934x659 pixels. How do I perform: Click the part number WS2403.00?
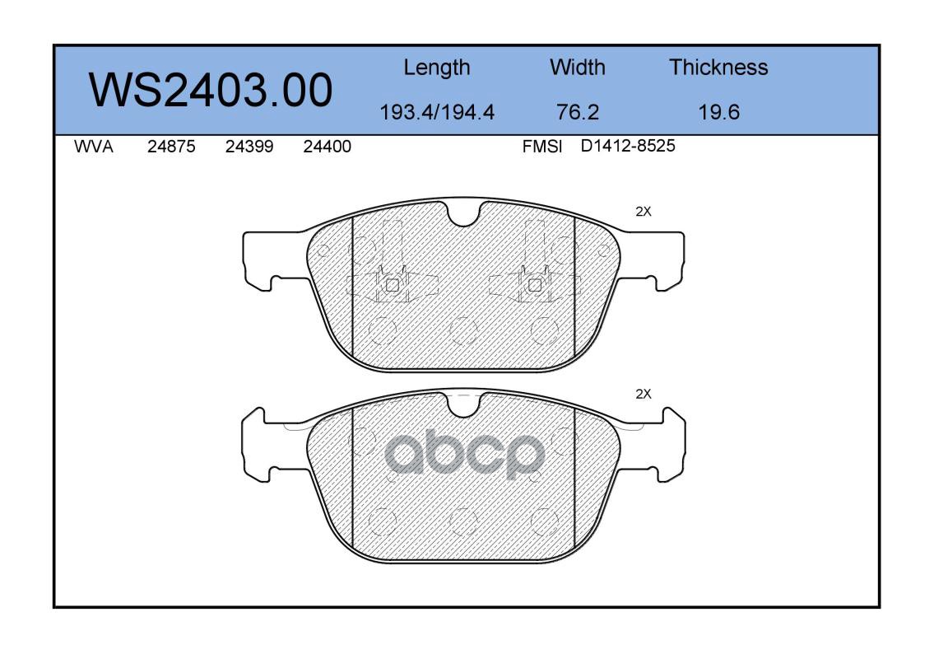coord(211,90)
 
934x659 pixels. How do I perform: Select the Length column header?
coord(437,68)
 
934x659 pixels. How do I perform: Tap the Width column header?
coord(577,67)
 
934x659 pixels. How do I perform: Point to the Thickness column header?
coord(718,67)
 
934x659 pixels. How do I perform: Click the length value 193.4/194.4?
coord(437,112)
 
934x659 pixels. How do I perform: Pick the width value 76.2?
coord(577,112)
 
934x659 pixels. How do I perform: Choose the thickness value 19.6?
coord(718,112)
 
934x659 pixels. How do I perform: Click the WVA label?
coord(94,147)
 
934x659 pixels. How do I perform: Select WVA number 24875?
coord(171,147)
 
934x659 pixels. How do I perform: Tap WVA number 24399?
coord(249,147)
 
